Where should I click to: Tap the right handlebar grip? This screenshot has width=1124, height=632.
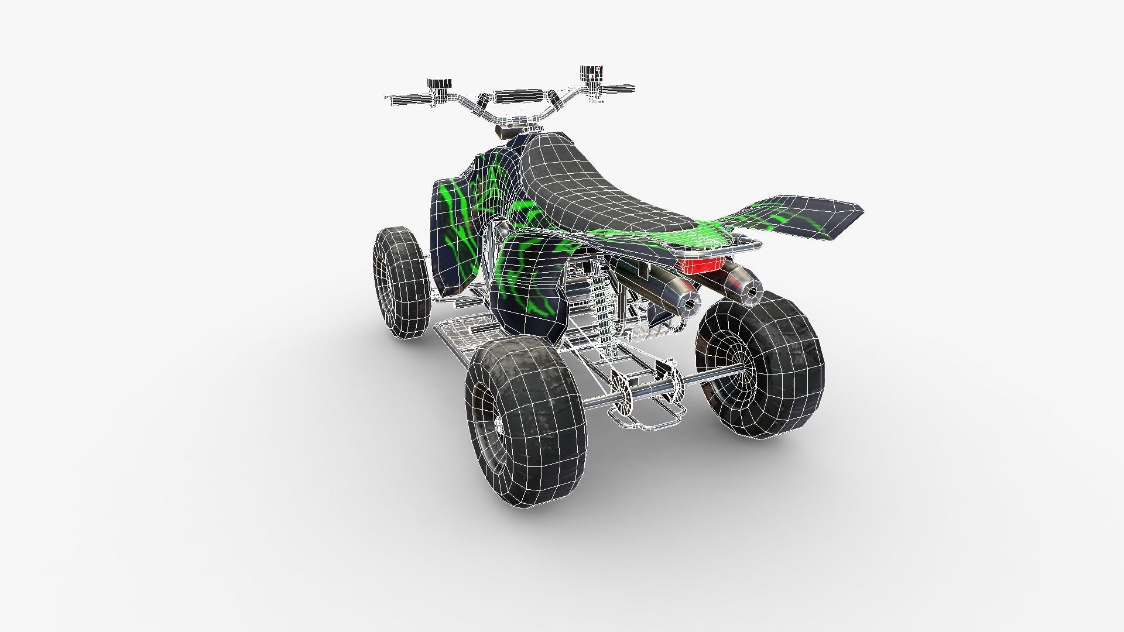[618, 89]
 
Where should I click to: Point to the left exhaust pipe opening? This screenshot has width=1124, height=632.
[691, 305]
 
